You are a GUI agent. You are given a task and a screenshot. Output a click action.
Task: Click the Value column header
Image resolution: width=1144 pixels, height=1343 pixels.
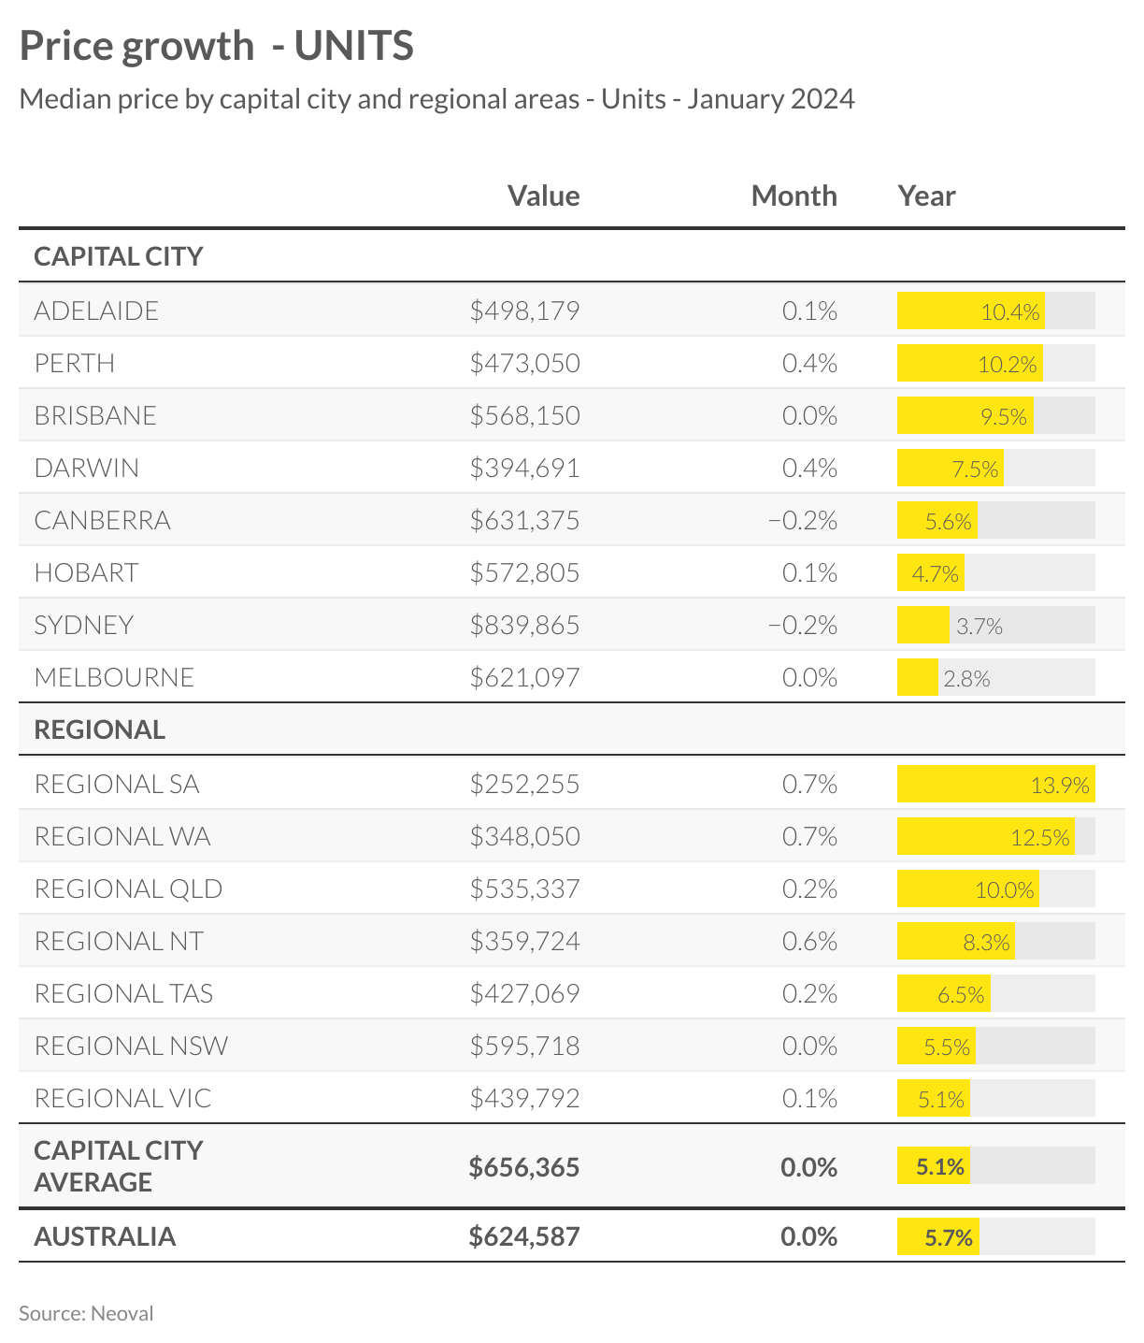tap(543, 195)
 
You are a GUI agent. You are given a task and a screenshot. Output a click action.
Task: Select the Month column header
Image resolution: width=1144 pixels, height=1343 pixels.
tap(794, 195)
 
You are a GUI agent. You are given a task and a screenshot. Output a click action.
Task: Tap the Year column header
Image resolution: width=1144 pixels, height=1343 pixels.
tap(926, 195)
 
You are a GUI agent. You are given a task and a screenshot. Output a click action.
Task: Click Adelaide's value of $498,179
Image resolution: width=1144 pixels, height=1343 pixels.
tap(524, 310)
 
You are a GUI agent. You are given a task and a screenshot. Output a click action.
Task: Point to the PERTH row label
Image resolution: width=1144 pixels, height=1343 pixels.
tap(75, 363)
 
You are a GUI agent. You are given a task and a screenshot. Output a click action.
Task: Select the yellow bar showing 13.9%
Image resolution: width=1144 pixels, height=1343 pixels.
tap(995, 784)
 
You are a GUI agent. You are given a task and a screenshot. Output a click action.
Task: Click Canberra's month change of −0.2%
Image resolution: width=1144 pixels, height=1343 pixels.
tap(803, 520)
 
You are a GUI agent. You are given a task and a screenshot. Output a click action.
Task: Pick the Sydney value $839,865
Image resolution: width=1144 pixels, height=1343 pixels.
tap(524, 625)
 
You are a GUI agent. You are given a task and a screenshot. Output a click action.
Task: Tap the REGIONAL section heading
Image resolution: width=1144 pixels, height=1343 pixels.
tap(100, 729)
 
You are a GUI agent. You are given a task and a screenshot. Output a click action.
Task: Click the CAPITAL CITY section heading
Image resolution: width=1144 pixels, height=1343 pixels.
tap(119, 256)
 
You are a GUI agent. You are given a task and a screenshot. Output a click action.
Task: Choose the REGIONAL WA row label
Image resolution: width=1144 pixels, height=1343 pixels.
tap(122, 836)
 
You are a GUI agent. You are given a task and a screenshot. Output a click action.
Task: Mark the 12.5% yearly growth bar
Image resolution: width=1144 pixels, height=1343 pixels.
tap(985, 836)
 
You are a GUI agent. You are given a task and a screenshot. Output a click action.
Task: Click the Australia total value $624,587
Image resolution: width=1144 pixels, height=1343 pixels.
tap(524, 1236)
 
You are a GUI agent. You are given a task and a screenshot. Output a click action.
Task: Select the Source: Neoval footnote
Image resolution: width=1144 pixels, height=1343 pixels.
tap(86, 1313)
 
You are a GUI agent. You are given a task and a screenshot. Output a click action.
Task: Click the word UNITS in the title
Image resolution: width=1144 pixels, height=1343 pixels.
tap(354, 46)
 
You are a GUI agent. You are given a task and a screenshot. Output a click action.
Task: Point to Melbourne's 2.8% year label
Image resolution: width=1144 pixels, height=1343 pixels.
tap(966, 678)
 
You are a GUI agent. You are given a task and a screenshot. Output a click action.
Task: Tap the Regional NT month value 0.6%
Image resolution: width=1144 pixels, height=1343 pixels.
tap(809, 941)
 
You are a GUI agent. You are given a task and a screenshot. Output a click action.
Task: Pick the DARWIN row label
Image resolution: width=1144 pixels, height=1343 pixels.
tap(87, 468)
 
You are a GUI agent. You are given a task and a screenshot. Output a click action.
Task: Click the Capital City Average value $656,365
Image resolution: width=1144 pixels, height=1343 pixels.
tap(524, 1167)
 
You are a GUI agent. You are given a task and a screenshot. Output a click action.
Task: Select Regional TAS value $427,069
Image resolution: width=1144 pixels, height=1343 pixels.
tap(524, 993)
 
